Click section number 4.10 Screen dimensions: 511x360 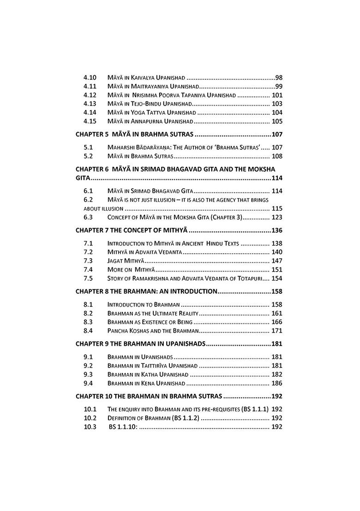tap(90, 77)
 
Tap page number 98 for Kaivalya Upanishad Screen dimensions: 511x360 tap(278, 77)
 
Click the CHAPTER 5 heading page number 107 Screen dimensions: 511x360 tap(277, 135)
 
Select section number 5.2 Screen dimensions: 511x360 tap(89, 156)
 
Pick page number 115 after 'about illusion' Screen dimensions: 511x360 tap(277, 208)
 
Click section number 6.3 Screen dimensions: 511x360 tap(89, 217)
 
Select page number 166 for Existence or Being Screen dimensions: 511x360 tap(277, 322)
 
